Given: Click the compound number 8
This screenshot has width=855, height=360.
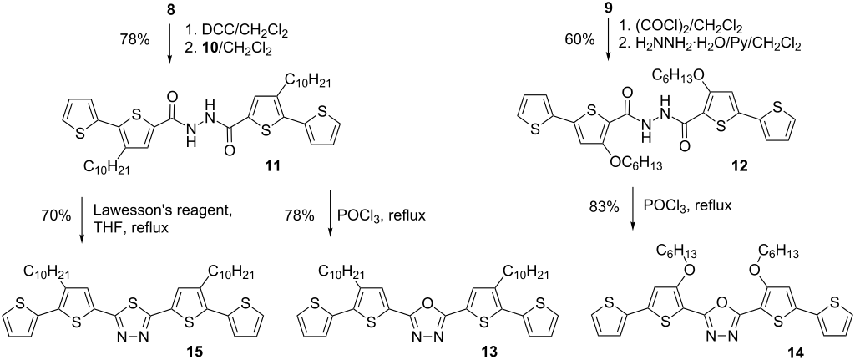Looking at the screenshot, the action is pyautogui.click(x=169, y=10).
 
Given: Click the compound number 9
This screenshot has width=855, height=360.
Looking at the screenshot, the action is pyautogui.click(x=610, y=10).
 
